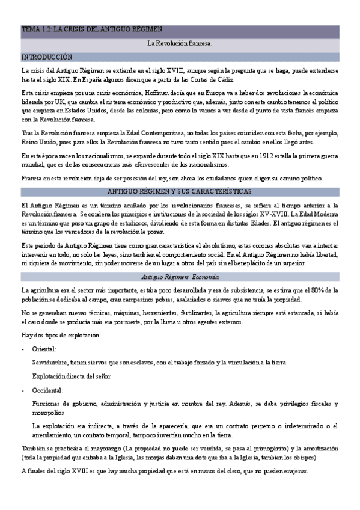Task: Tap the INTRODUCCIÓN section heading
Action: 47,57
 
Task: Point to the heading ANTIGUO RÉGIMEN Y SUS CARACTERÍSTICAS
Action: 180,191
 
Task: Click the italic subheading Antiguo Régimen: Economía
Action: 180,277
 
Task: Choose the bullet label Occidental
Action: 48,390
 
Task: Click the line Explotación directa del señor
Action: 72,376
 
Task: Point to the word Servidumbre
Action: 53,362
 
